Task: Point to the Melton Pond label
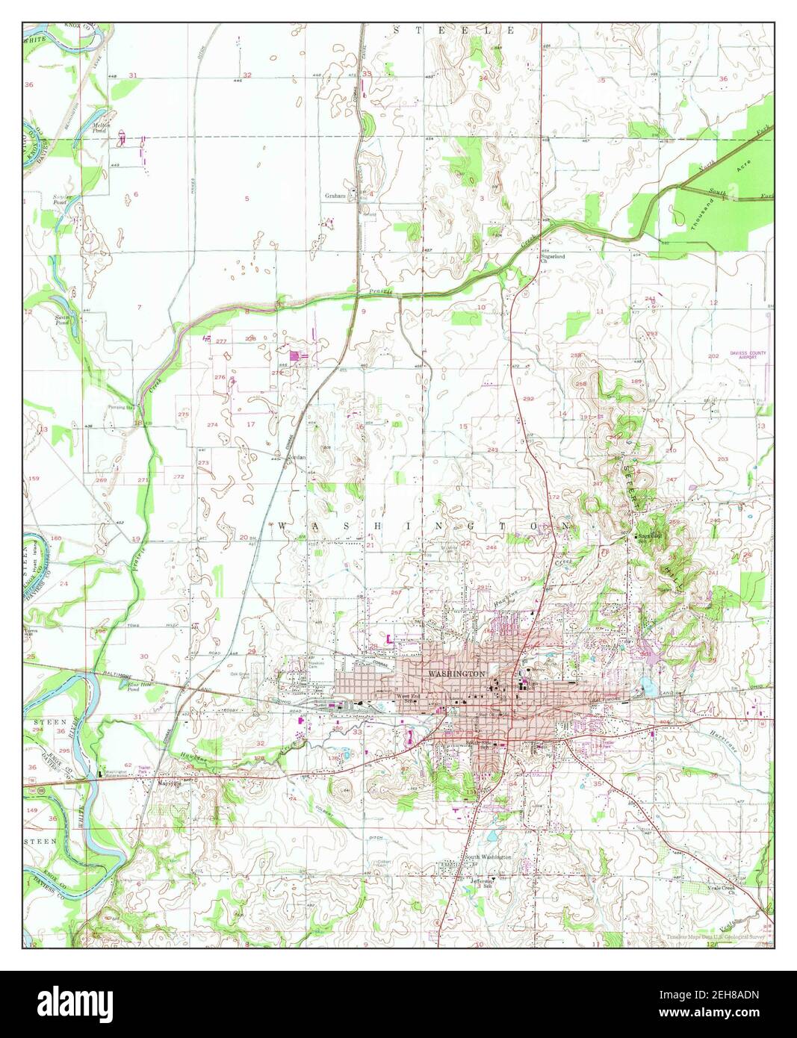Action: [102, 127]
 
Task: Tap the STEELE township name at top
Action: [454, 31]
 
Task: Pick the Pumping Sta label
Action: [120, 408]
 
